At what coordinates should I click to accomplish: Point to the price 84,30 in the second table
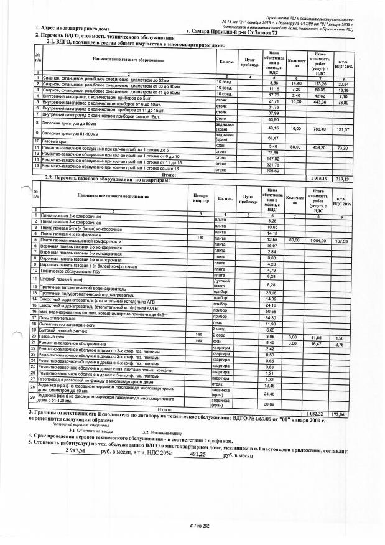[x=271, y=317]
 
